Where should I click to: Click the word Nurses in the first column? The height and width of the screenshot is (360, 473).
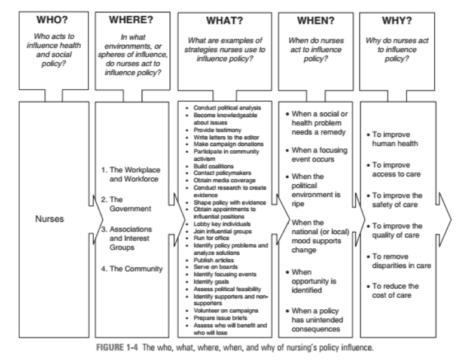tap(48, 219)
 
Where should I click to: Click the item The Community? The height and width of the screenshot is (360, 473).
tap(132, 269)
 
